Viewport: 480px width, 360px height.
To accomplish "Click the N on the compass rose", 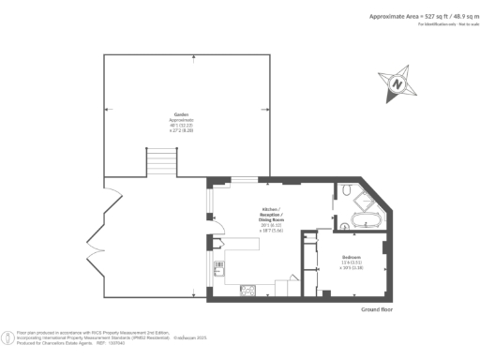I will pyautogui.click(x=397, y=82).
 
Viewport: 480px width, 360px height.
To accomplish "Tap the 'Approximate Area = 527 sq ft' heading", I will pyautogui.click(x=412, y=17).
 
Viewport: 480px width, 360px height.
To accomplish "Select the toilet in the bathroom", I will pyautogui.click(x=345, y=191).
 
